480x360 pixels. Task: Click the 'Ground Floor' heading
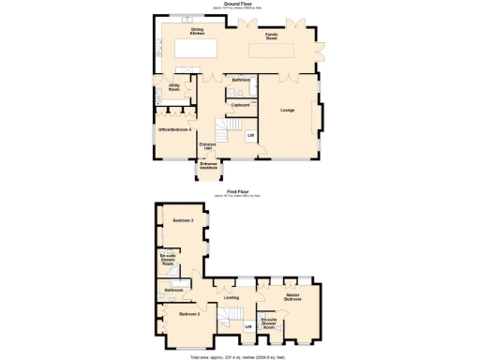point(239,4)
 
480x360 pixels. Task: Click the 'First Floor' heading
point(239,190)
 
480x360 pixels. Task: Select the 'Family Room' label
point(270,35)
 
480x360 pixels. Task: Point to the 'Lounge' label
point(287,111)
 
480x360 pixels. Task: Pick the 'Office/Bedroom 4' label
point(175,129)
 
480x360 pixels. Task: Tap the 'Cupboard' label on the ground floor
point(239,104)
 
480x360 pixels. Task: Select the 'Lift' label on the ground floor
point(250,136)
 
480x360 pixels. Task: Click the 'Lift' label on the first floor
point(248,325)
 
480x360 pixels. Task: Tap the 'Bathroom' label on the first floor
point(173,291)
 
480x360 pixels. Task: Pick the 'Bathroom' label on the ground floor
point(241,81)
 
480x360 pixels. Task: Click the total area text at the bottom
point(239,356)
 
